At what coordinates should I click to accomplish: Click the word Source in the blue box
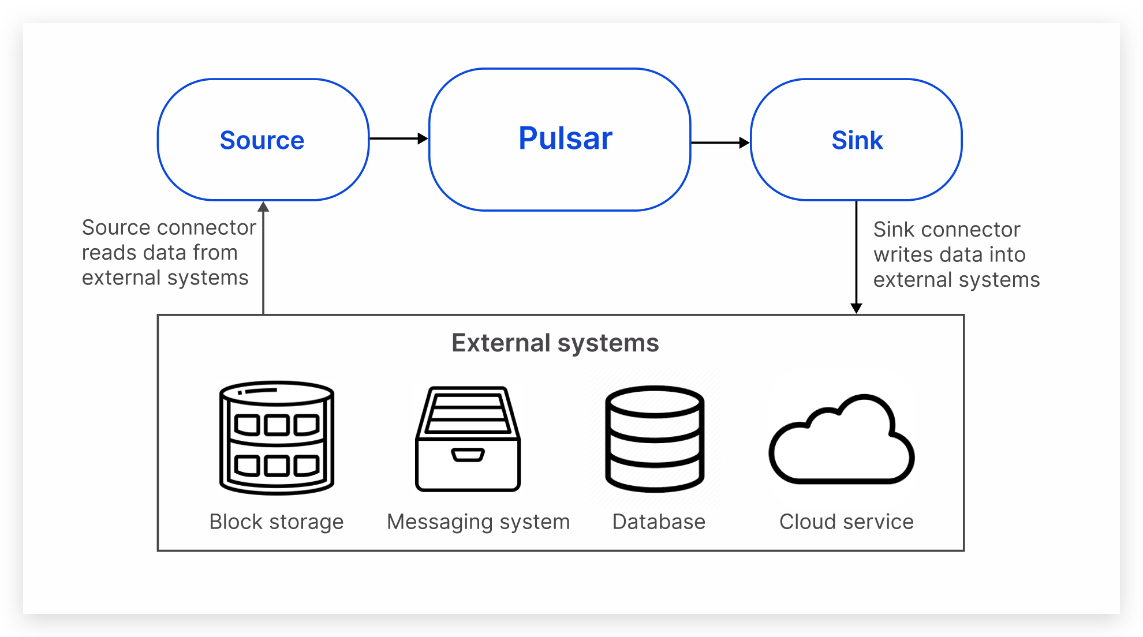click(x=262, y=140)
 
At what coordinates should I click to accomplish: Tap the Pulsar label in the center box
click(x=565, y=138)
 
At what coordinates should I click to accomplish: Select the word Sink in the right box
click(x=857, y=140)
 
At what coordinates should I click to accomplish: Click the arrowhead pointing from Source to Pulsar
click(x=423, y=138)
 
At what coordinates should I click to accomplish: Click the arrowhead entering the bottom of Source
click(x=263, y=207)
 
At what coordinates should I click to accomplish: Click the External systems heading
click(x=555, y=343)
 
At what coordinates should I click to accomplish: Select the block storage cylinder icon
click(x=277, y=437)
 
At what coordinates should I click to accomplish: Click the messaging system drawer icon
click(x=468, y=439)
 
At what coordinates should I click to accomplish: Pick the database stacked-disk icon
click(x=655, y=439)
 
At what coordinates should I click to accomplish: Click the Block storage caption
click(x=276, y=522)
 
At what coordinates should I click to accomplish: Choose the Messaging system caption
click(x=478, y=522)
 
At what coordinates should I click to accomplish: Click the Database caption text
click(x=659, y=522)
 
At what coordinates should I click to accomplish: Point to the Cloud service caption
click(x=846, y=522)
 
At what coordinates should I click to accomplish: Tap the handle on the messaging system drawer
click(x=468, y=455)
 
